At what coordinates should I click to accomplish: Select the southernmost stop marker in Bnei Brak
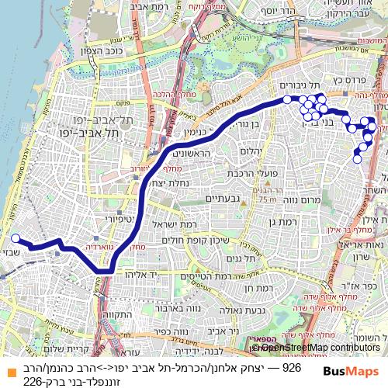(x=357, y=159)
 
